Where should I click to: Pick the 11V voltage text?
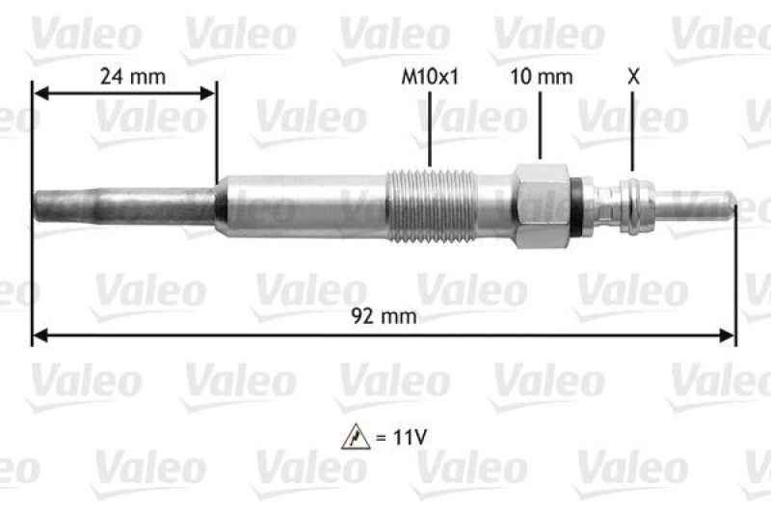(404, 437)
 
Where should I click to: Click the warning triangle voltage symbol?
(354, 437)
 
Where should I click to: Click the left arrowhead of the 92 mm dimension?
(40, 336)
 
